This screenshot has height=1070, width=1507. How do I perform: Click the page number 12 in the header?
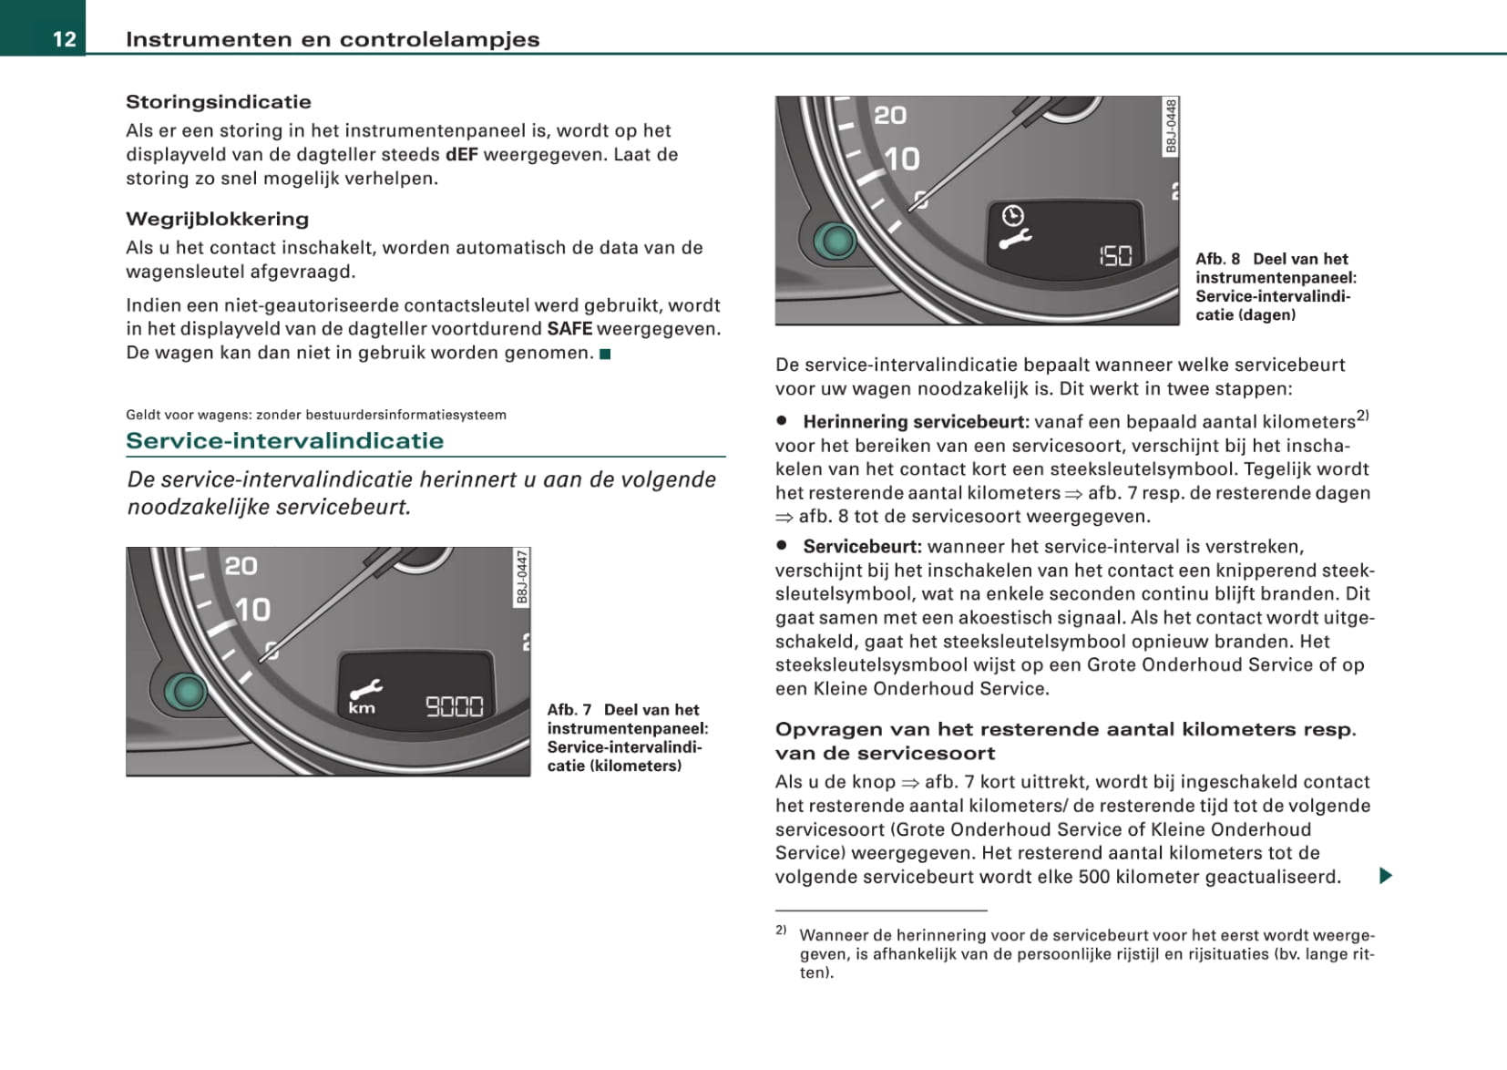(x=64, y=38)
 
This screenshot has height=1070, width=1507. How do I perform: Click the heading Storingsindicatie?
(x=218, y=102)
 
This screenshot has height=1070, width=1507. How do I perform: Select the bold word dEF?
(x=461, y=154)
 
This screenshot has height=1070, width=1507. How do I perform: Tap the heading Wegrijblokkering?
(x=217, y=219)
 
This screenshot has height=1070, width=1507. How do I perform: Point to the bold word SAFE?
(x=569, y=329)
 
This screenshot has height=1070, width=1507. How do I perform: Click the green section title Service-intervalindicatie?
(x=284, y=441)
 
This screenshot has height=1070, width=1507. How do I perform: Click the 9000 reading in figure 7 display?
(x=455, y=706)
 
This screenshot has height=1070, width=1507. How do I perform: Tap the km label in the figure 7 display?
(x=362, y=708)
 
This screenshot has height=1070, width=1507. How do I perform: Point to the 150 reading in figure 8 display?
(x=1115, y=256)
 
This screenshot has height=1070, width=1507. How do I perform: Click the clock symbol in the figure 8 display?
(x=1012, y=215)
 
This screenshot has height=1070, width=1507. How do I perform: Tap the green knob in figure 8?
(x=836, y=241)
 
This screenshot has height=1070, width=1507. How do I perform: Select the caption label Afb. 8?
(x=1218, y=259)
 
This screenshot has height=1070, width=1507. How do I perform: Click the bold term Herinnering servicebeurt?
(x=916, y=422)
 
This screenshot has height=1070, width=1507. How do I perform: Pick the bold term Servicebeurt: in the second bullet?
(x=862, y=547)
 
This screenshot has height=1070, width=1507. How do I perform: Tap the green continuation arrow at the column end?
(x=1385, y=877)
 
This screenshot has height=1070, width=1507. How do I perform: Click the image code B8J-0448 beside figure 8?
(x=1171, y=127)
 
